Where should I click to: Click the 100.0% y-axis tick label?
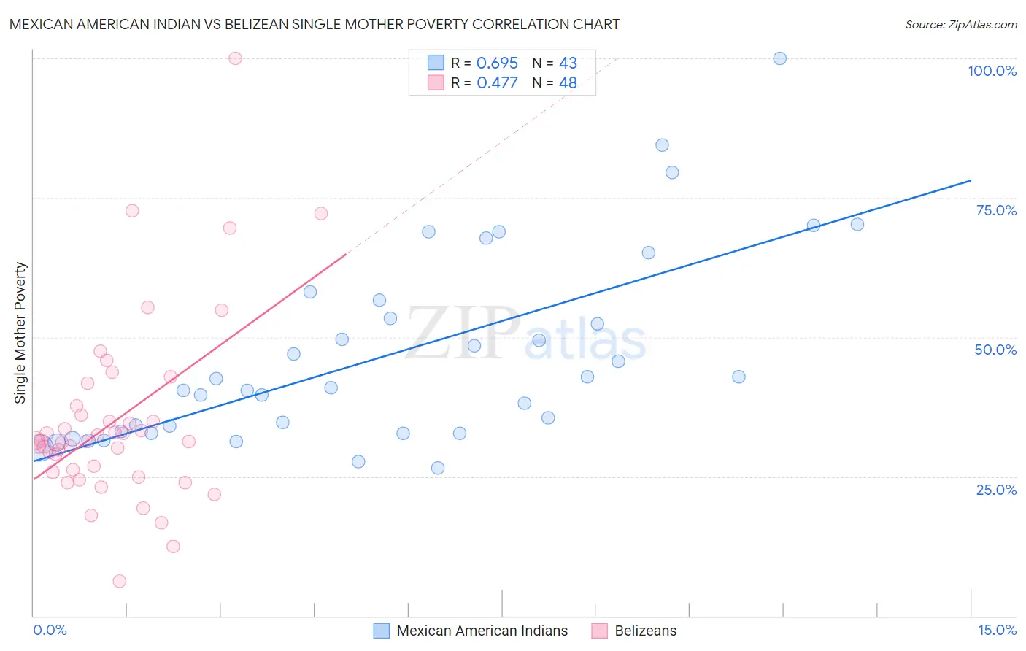click(x=992, y=71)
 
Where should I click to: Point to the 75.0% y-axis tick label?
click(x=996, y=210)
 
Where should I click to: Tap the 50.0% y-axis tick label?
click(x=995, y=350)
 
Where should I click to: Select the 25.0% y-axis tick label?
click(x=996, y=490)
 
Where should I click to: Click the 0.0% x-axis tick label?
click(x=50, y=630)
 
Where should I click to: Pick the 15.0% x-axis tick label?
click(x=997, y=630)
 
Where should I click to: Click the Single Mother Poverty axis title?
click(x=20, y=333)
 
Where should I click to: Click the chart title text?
click(x=315, y=24)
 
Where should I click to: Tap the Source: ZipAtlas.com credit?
click(x=960, y=24)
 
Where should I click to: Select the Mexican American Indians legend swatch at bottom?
click(x=381, y=631)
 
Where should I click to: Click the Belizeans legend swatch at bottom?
click(x=599, y=631)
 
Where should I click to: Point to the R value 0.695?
click(x=497, y=63)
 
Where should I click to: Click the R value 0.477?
click(x=497, y=82)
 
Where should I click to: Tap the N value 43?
click(x=568, y=63)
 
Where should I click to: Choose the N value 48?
click(x=568, y=82)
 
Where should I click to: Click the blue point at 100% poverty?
click(x=779, y=58)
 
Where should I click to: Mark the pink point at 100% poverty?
click(x=235, y=58)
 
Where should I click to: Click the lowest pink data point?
click(x=119, y=581)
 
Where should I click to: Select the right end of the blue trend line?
click(x=971, y=180)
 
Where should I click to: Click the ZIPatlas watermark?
click(x=525, y=334)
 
